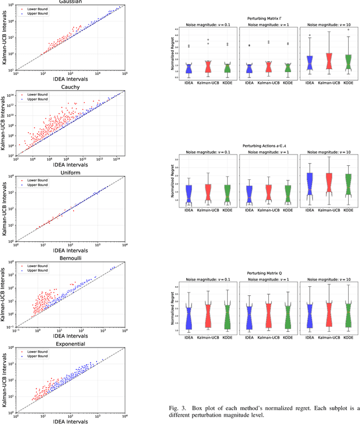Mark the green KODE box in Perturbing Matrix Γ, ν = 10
pos(348,62)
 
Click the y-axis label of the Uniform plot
pos(5,208)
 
